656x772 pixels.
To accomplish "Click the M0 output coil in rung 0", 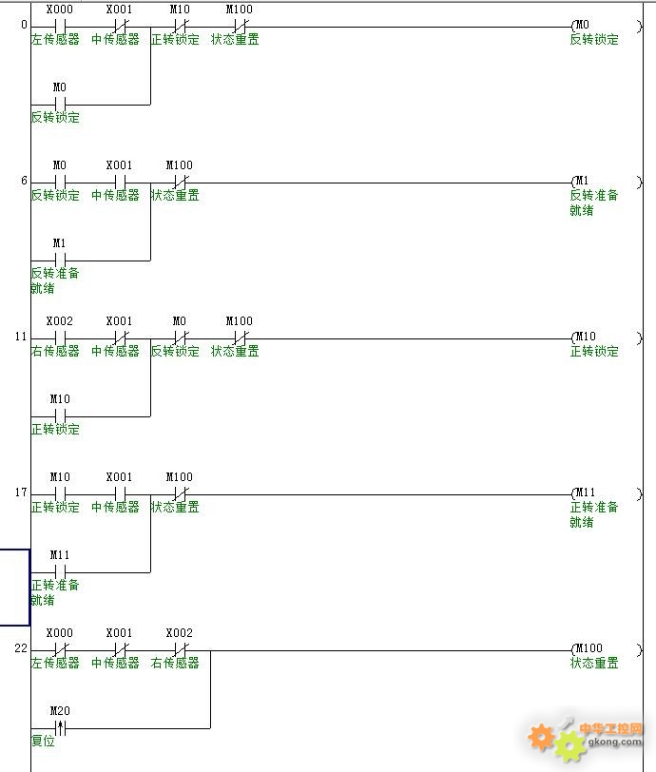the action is point(606,26).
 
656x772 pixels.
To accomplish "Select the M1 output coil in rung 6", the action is point(606,182).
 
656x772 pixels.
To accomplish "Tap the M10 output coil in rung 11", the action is point(606,338).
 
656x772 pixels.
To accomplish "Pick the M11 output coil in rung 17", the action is point(606,493).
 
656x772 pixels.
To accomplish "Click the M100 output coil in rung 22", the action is point(606,650).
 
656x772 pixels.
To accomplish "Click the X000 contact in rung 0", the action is point(60,26).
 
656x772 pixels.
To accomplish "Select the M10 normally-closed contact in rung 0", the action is point(180,26).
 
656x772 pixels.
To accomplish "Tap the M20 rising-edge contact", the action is point(60,727).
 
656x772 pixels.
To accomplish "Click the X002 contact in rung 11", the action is point(60,338).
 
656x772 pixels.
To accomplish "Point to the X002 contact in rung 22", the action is point(180,650).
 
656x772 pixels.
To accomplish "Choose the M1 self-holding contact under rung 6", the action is point(60,260).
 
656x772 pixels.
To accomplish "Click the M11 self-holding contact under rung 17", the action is point(60,572).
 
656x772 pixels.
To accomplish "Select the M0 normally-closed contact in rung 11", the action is point(180,338).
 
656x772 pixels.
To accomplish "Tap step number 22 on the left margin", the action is point(21,648).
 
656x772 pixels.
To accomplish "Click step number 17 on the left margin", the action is point(21,492).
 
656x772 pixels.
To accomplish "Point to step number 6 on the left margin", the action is point(24,181).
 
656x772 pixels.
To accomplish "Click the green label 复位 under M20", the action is point(43,741).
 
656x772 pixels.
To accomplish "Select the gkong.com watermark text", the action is point(615,742).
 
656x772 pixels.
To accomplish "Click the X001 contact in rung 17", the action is point(120,493).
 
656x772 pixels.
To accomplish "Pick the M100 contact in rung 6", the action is point(180,183).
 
